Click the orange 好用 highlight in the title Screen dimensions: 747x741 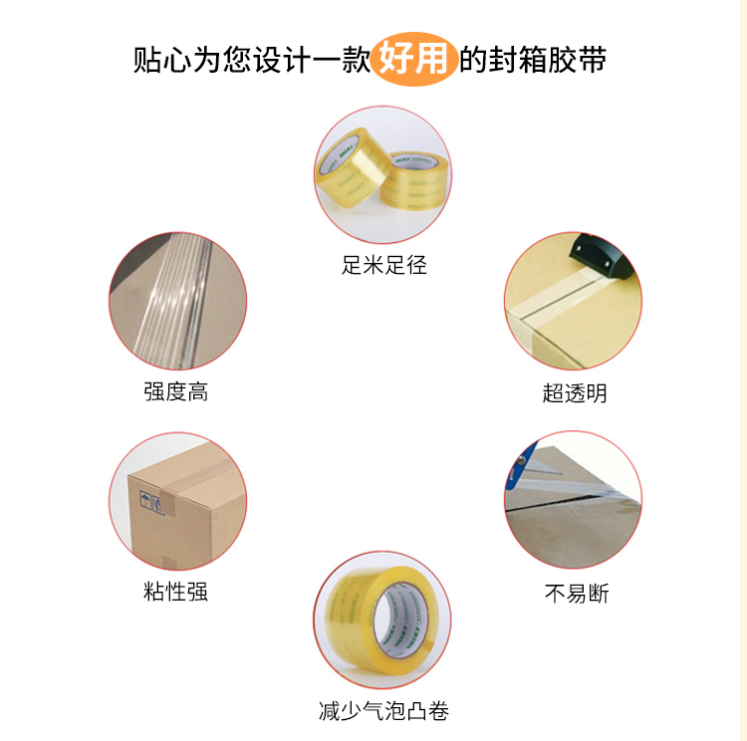point(413,59)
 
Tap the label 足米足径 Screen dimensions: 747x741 point(384,265)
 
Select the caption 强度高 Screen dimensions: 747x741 point(175,391)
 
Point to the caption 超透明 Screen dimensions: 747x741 point(575,393)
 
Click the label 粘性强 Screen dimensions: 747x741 point(175,592)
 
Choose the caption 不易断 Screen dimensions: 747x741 point(577,594)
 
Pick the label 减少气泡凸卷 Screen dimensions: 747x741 point(384,711)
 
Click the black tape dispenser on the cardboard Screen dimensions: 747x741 point(602,258)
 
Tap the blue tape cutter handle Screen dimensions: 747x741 point(522,460)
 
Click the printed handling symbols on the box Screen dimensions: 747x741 point(151,502)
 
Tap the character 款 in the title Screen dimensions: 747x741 point(356,60)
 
